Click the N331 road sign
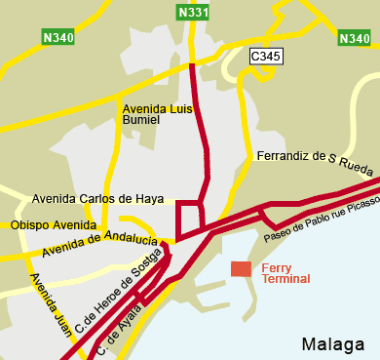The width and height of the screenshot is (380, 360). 193,13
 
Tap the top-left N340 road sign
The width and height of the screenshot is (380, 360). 59,38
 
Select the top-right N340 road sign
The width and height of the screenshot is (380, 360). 354,38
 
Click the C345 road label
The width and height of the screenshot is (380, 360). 265,57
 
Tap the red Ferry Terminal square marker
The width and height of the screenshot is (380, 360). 241,268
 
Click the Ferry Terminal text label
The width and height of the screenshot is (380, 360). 287,272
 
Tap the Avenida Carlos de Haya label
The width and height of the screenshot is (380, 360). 97,198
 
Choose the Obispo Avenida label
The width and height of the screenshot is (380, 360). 54,225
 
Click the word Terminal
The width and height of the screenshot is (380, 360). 287,278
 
